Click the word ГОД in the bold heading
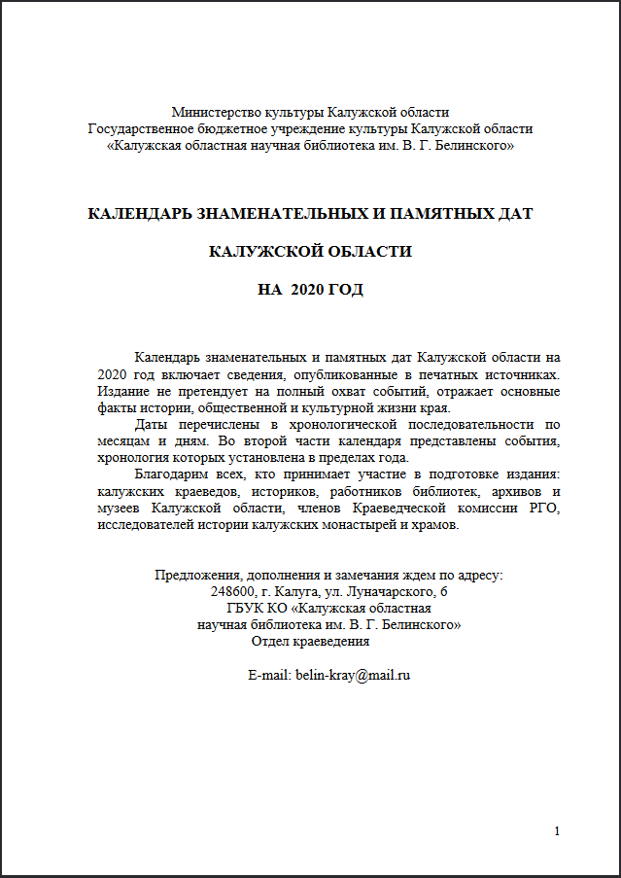347,290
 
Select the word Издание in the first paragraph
121,392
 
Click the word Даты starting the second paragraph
151,425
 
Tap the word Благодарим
176,474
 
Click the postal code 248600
231,591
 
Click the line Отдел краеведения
310,641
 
